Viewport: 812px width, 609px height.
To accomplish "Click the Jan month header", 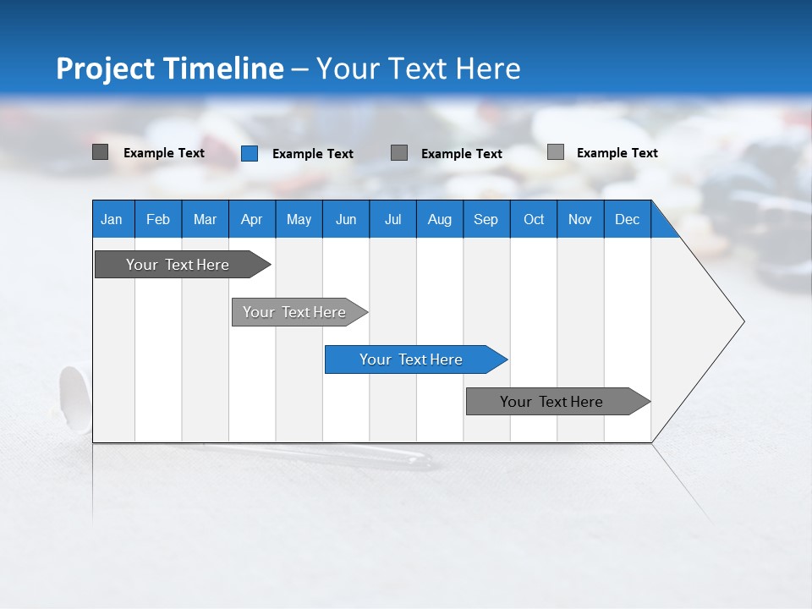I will [112, 219].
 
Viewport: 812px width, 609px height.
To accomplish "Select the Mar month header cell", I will [205, 219].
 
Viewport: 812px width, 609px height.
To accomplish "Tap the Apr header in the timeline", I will [252, 219].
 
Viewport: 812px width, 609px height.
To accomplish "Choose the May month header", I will [299, 219].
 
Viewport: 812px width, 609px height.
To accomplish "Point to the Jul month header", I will [392, 219].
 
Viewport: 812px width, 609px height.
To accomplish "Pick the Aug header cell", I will [440, 219].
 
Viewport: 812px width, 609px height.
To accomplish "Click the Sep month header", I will [486, 219].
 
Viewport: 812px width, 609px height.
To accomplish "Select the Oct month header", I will [534, 219].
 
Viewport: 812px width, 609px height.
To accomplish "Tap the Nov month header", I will [580, 219].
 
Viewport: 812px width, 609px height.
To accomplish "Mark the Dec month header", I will [628, 219].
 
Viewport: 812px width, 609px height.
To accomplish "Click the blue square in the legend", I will [250, 153].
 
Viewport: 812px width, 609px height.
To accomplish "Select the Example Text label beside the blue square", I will [313, 154].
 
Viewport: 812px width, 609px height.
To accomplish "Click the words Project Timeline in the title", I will [170, 69].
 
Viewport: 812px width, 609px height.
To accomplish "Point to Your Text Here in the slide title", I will [418, 69].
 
